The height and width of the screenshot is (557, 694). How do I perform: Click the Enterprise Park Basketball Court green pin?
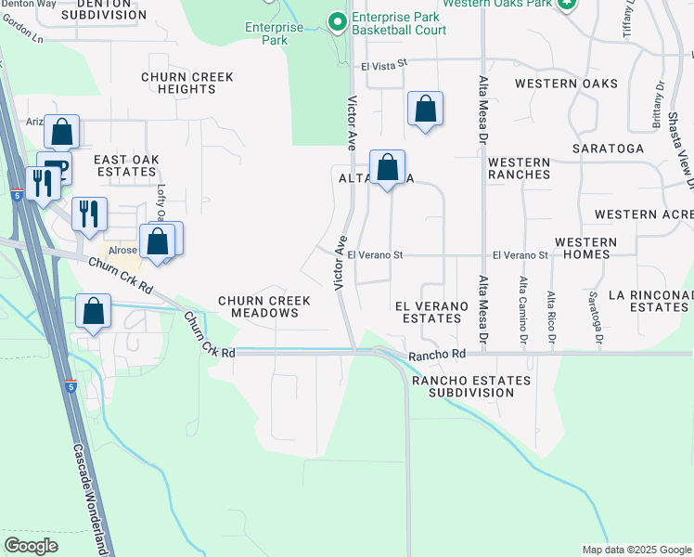[336, 19]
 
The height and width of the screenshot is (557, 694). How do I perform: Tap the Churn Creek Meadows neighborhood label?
[258, 307]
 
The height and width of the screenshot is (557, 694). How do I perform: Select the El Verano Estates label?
[428, 311]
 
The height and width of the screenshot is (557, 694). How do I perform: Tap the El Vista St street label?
[385, 66]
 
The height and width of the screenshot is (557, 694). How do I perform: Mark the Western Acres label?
[643, 214]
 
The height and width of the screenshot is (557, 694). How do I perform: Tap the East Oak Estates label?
[126, 166]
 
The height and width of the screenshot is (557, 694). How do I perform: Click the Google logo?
[31, 546]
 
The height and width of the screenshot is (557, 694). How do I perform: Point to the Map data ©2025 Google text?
[636, 550]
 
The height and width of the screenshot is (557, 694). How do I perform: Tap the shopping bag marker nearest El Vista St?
[425, 109]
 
